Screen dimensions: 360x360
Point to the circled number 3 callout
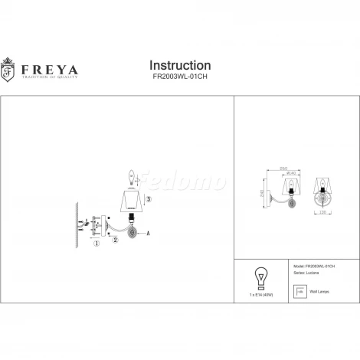(x=148, y=199)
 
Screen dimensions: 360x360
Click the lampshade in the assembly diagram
(x=131, y=203)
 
